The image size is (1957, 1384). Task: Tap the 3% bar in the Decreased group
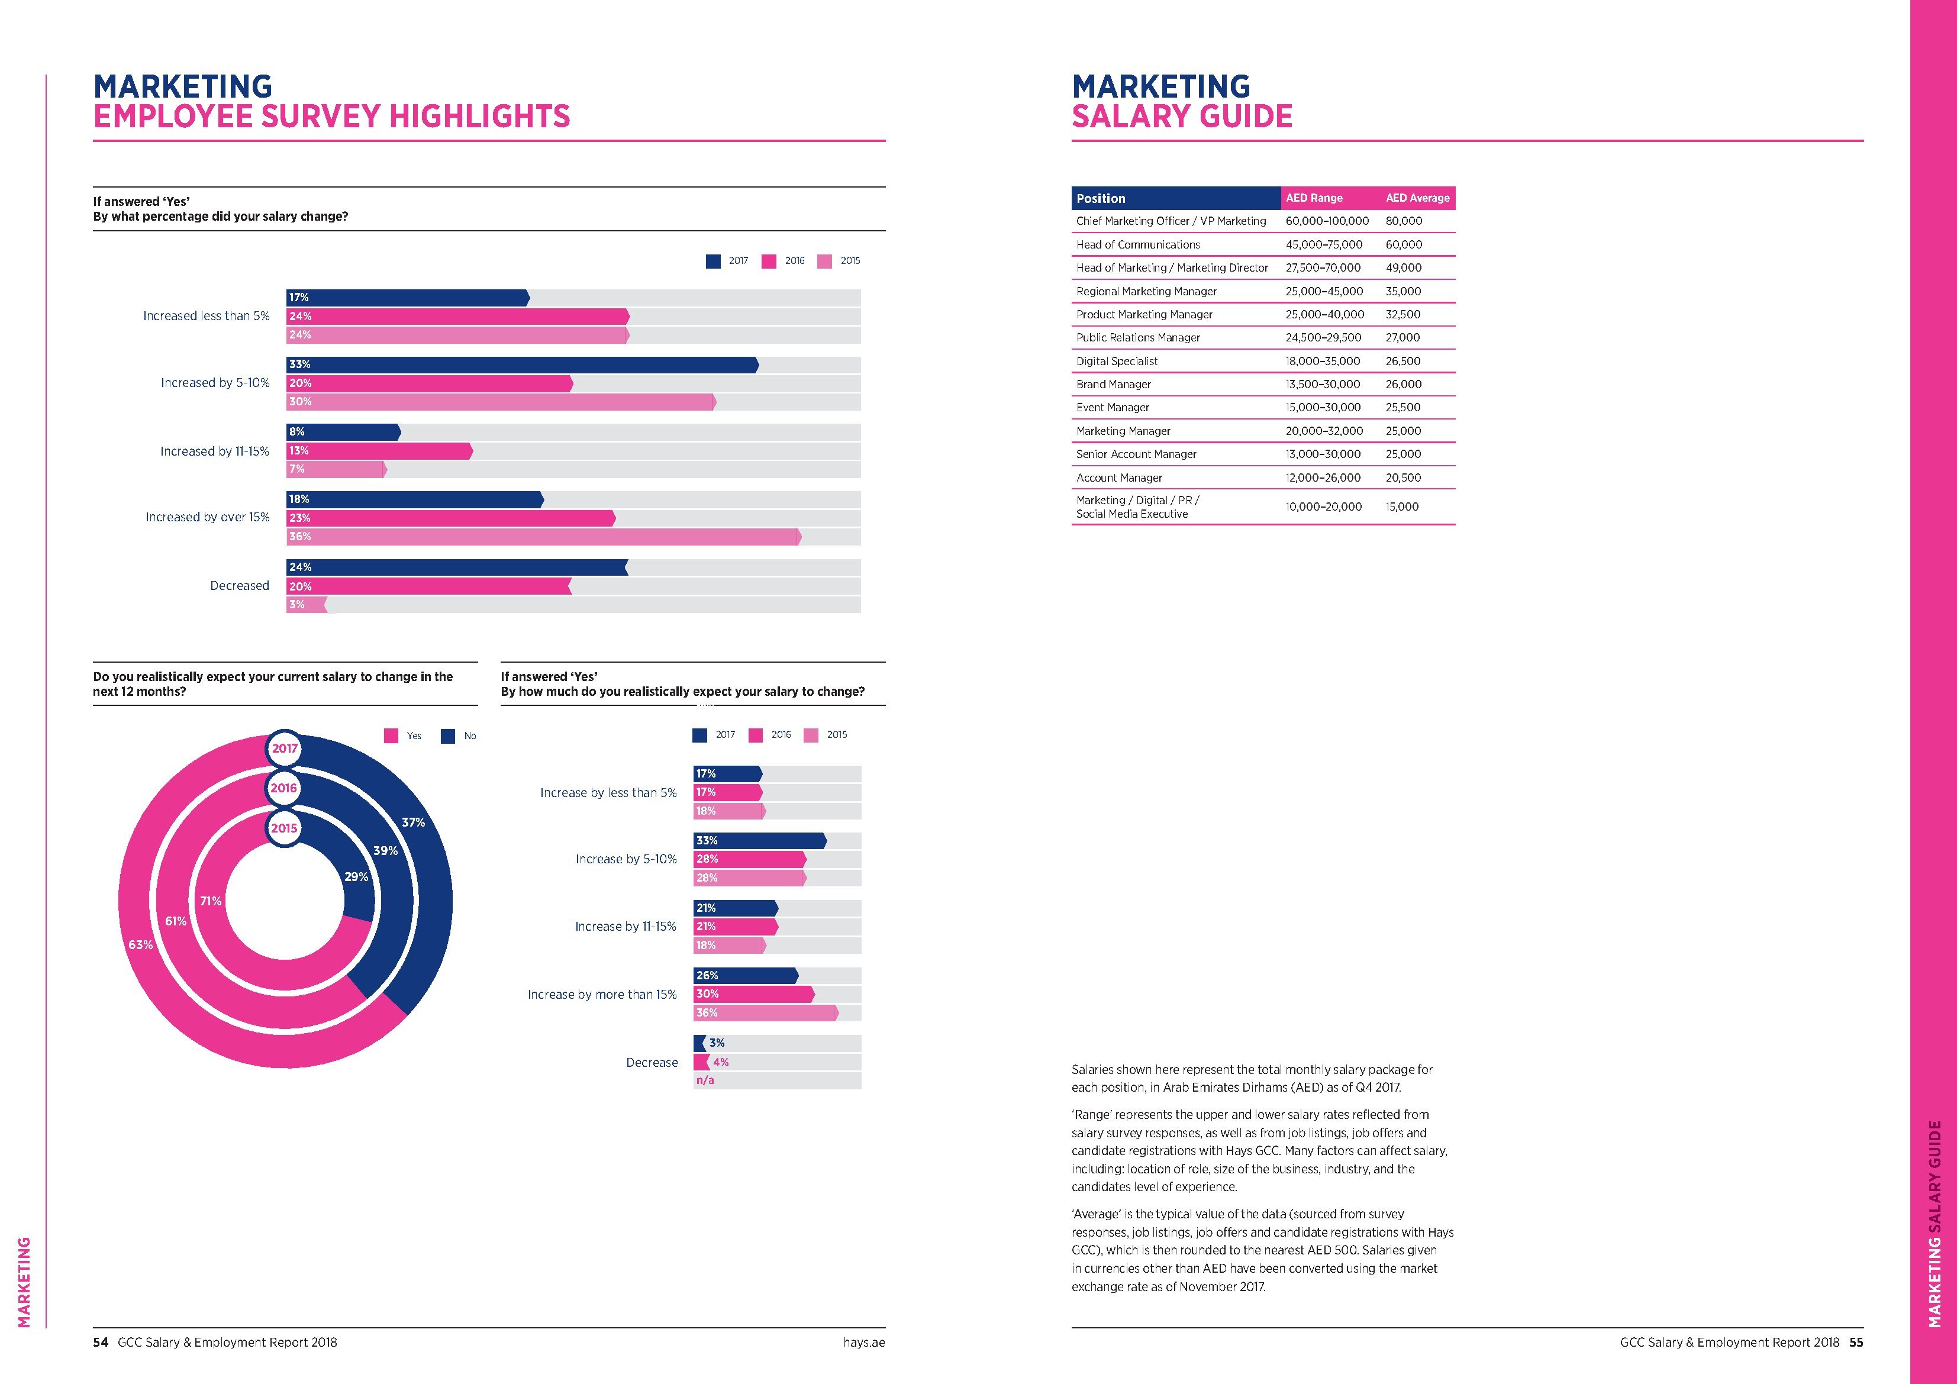pyautogui.click(x=306, y=604)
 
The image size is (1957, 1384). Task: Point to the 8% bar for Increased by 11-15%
pyautogui.click(x=343, y=432)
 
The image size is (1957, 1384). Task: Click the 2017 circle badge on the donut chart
pyautogui.click(x=285, y=749)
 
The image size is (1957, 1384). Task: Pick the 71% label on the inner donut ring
pyautogui.click(x=211, y=901)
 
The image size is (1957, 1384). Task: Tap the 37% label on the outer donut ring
pyautogui.click(x=414, y=822)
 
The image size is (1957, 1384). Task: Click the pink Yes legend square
pyautogui.click(x=391, y=736)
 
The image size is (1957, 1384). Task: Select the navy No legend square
pyautogui.click(x=447, y=736)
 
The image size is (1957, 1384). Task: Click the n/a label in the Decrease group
pyautogui.click(x=705, y=1080)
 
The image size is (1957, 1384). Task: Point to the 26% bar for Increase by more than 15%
pyautogui.click(x=746, y=976)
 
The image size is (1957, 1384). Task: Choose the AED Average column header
pyautogui.click(x=1417, y=198)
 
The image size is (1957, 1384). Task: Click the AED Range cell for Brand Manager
pyautogui.click(x=1323, y=385)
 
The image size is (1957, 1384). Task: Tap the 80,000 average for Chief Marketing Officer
pyautogui.click(x=1404, y=221)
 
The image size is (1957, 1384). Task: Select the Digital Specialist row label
pyautogui.click(x=1117, y=362)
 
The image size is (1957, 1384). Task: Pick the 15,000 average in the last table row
pyautogui.click(x=1402, y=507)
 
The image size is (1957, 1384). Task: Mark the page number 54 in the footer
pyautogui.click(x=101, y=1342)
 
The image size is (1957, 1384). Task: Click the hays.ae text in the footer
pyautogui.click(x=864, y=1342)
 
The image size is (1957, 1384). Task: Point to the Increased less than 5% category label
pyautogui.click(x=207, y=316)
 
